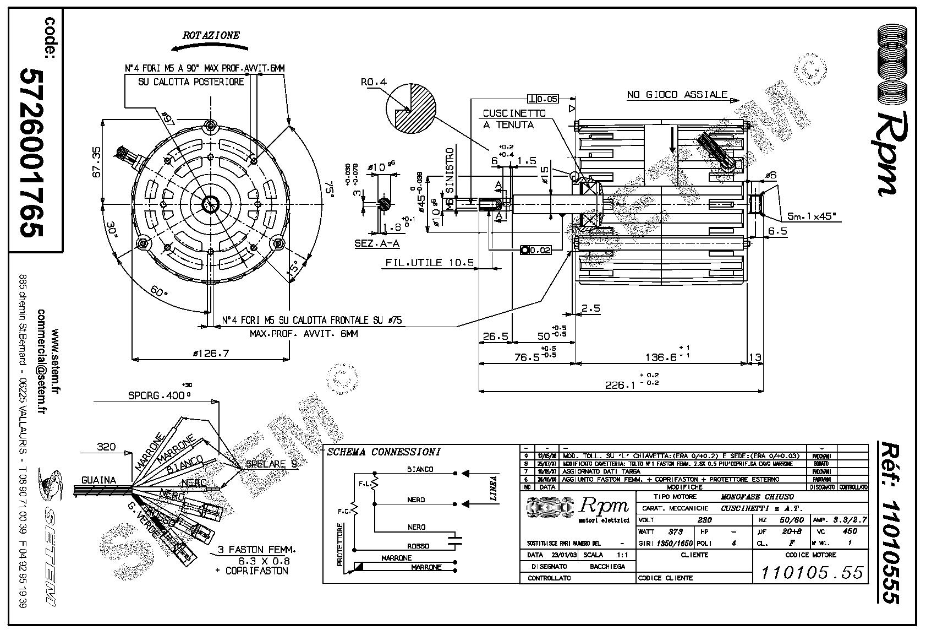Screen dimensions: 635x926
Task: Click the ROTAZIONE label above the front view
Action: click(x=211, y=36)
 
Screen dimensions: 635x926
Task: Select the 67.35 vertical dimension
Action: click(x=96, y=161)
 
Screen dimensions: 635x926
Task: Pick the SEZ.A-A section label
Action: click(x=377, y=243)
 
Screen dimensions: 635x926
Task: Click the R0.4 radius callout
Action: click(x=374, y=82)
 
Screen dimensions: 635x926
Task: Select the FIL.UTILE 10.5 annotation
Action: click(x=429, y=263)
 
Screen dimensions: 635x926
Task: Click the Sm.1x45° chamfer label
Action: click(x=815, y=217)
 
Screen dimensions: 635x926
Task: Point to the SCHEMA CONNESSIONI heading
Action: click(x=383, y=452)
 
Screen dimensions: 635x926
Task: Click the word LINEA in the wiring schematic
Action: click(x=492, y=489)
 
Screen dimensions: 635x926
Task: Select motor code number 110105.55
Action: click(x=812, y=573)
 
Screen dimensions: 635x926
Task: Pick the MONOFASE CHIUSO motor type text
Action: click(x=758, y=497)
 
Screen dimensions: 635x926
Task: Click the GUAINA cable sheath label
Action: click(x=99, y=480)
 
